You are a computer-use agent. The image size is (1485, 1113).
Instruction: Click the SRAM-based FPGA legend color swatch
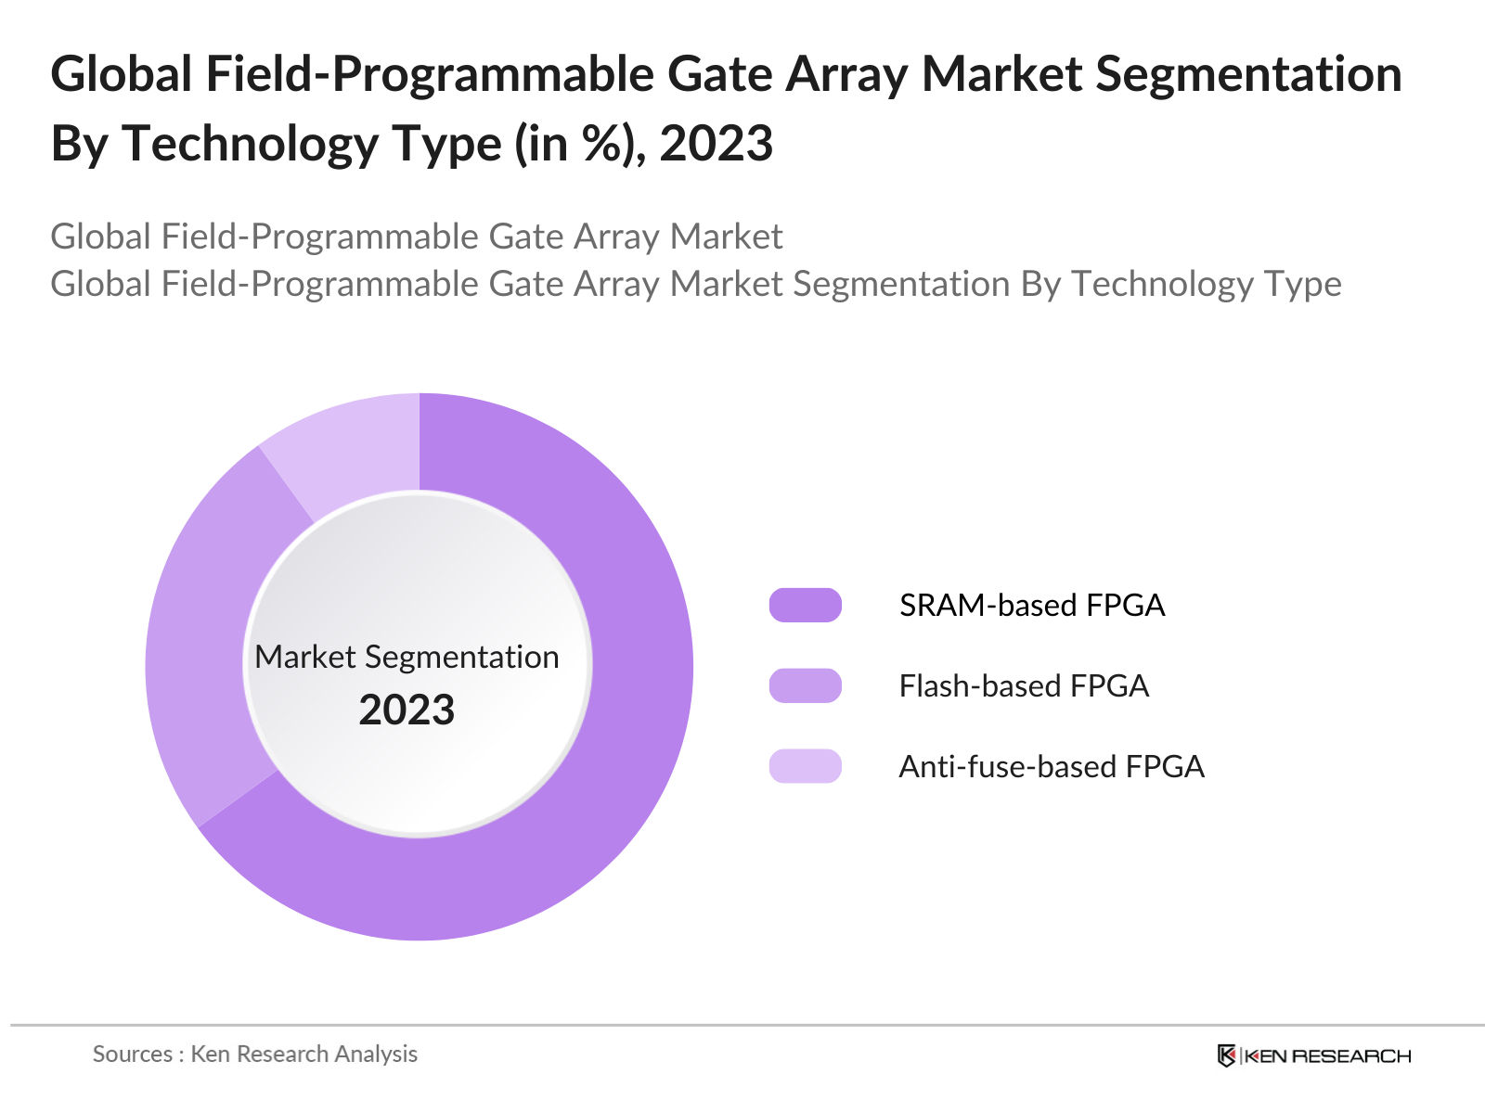(x=805, y=605)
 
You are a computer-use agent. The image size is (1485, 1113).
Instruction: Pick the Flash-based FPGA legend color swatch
(x=805, y=685)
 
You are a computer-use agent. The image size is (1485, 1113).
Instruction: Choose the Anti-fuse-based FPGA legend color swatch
(x=805, y=766)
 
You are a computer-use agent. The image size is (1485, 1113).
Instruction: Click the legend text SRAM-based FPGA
(x=1031, y=605)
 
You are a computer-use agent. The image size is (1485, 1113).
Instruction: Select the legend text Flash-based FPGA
(x=1024, y=685)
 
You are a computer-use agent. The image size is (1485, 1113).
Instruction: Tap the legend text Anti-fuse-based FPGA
(x=1051, y=766)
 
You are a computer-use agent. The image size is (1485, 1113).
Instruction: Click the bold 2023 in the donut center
(x=407, y=710)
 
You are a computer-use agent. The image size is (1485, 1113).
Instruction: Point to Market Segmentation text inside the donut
(x=407, y=657)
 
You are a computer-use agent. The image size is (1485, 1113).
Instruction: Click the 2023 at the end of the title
(x=716, y=144)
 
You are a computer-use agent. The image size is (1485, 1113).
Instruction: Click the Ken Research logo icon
(x=1226, y=1055)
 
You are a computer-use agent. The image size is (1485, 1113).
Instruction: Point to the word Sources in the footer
(x=132, y=1054)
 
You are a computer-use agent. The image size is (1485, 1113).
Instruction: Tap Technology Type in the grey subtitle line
(x=1206, y=284)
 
